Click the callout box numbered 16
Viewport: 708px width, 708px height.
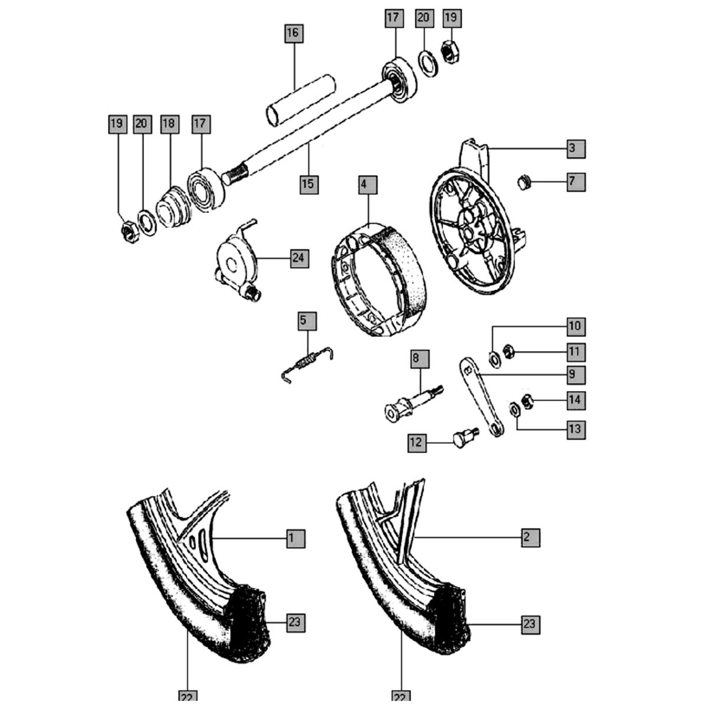tap(293, 32)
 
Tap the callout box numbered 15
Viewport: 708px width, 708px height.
tap(308, 183)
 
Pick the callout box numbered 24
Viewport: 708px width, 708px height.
tap(300, 258)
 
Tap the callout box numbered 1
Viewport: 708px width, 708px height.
tap(296, 537)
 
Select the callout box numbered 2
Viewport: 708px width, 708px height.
tap(530, 537)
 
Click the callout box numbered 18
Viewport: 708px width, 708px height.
tap(169, 124)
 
